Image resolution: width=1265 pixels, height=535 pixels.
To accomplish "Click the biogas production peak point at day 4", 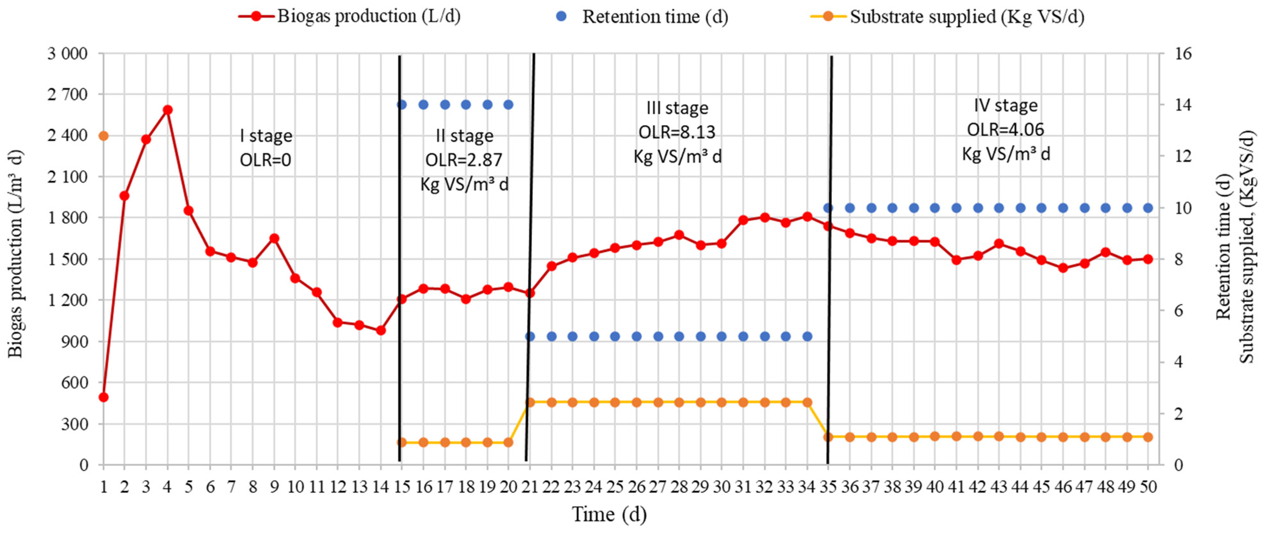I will pyautogui.click(x=168, y=109).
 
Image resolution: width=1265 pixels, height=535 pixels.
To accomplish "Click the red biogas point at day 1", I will pyautogui.click(x=103, y=397).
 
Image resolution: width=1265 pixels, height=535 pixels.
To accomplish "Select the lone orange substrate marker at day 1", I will pyautogui.click(x=103, y=135).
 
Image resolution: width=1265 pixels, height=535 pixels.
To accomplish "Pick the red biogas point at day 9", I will pyautogui.click(x=274, y=238).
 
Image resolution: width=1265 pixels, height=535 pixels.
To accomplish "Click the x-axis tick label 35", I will pyautogui.click(x=828, y=487).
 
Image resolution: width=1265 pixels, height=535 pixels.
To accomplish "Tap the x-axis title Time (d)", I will pyautogui.click(x=609, y=514).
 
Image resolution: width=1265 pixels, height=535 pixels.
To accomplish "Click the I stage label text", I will pyautogui.click(x=266, y=135).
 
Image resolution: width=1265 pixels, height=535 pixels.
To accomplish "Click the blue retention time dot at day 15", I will pyautogui.click(x=402, y=105).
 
